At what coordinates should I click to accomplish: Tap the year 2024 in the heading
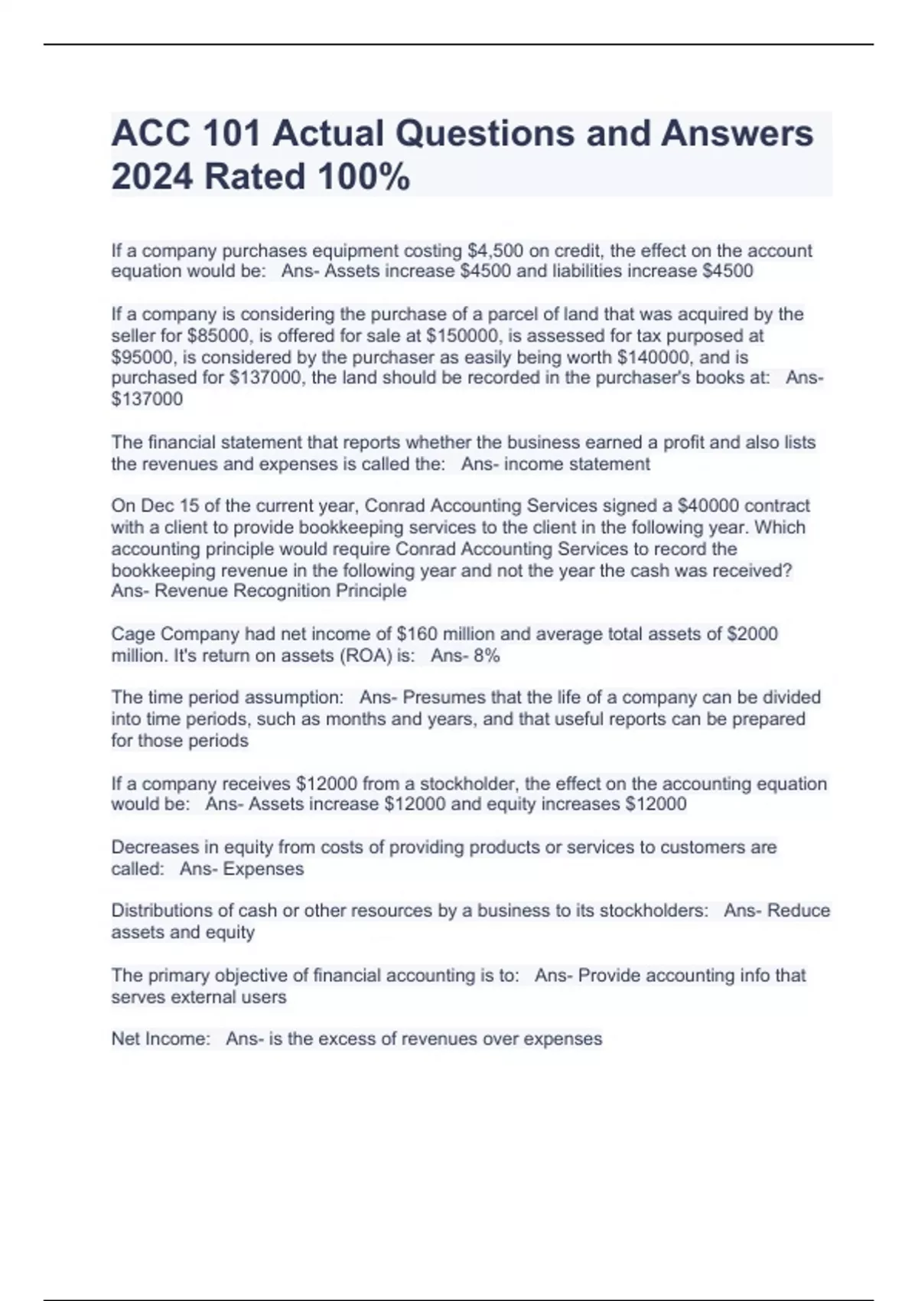(152, 177)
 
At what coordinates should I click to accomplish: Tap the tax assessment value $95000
(144, 357)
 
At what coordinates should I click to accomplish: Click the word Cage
(132, 634)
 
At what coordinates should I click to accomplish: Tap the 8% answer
(487, 656)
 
